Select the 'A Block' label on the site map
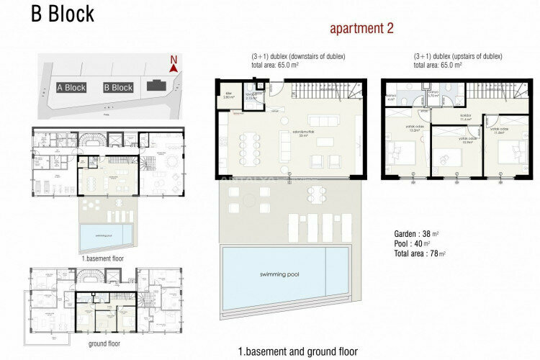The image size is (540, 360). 71,88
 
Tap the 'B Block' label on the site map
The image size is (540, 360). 118,88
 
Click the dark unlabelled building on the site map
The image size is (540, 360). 155,86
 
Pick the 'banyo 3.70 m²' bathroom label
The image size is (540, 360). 433,94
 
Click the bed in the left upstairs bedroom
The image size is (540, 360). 401,153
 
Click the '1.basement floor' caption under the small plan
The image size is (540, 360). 107,257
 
